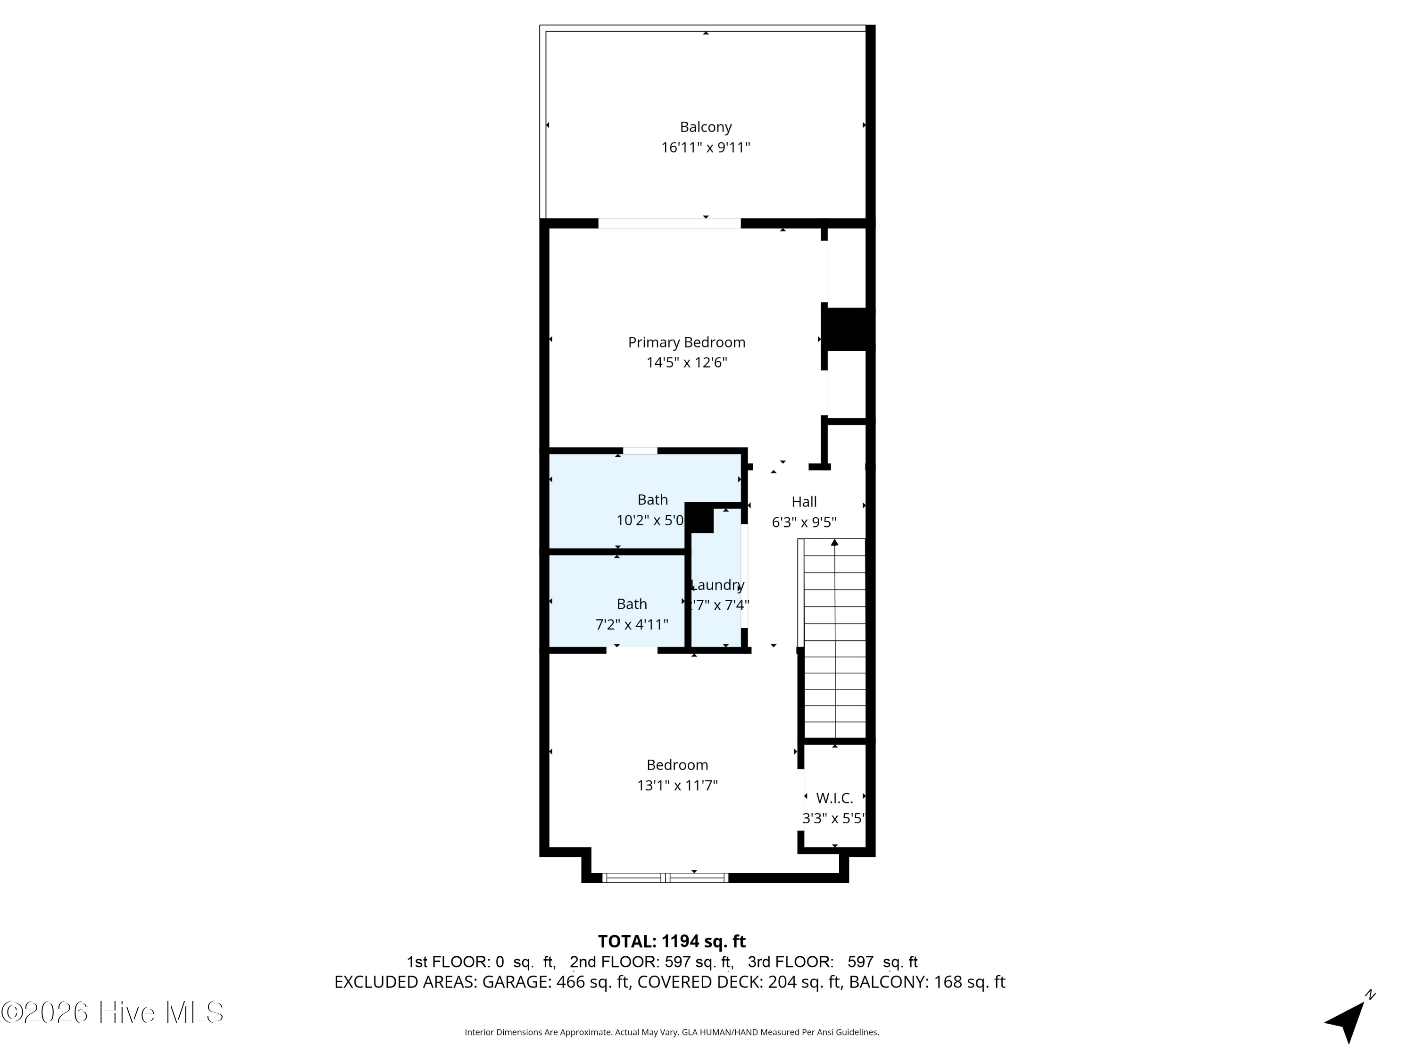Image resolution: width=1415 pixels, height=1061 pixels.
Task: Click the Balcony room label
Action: click(705, 127)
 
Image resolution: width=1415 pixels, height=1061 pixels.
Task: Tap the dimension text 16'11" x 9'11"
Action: click(705, 148)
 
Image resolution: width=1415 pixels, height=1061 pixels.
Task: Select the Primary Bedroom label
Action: click(686, 342)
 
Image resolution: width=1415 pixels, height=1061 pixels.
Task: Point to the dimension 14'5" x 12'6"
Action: click(686, 363)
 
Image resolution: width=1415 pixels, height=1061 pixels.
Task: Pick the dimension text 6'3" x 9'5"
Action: click(804, 522)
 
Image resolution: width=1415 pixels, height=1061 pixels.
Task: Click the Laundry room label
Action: click(718, 585)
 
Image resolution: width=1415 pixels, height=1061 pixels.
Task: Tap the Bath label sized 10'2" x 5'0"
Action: click(652, 499)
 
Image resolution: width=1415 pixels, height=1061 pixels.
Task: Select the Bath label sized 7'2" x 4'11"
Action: click(632, 604)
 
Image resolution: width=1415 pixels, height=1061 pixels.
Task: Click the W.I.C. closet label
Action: click(834, 798)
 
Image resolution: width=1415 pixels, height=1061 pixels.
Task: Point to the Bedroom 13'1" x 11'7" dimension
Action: click(677, 785)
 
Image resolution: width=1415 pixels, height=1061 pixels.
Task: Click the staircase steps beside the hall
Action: click(834, 639)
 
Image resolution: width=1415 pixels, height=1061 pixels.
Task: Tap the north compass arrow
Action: click(1348, 1018)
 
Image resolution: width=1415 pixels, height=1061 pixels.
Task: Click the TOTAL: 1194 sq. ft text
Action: click(671, 941)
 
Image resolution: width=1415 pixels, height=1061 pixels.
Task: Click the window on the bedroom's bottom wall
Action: click(665, 878)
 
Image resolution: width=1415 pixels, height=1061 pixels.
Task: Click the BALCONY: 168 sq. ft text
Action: click(927, 982)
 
